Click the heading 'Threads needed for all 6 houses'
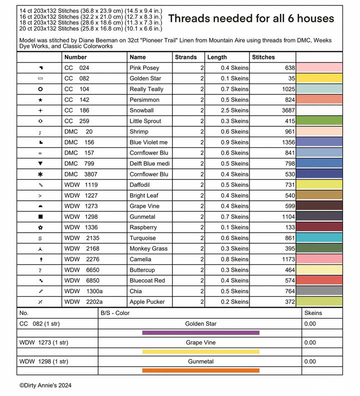pos(251,18)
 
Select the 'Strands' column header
pos(185,57)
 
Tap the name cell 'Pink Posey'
pos(144,68)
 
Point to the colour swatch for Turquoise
pos(319,238)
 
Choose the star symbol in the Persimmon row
pos(40,100)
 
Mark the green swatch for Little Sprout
pos(319,121)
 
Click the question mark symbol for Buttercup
pos(40,270)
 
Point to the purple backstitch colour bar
pos(200,333)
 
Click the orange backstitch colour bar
pos(200,371)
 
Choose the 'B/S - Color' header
pos(115,313)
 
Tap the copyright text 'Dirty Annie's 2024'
pos(45,386)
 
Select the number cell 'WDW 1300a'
pos(83,291)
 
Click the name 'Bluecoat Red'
pos(147,281)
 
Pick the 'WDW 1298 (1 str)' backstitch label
pos(43,362)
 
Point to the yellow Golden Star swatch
pos(319,78)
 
